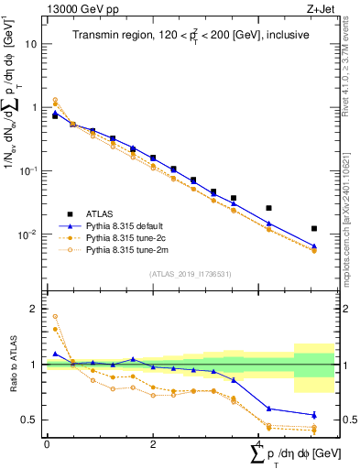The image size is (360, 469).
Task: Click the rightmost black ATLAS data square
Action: pyautogui.click(x=314, y=228)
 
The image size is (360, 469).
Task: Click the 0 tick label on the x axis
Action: pyautogui.click(x=47, y=443)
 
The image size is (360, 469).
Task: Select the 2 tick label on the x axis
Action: pyautogui.click(x=153, y=443)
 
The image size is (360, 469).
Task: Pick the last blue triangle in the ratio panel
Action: pyautogui.click(x=314, y=415)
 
